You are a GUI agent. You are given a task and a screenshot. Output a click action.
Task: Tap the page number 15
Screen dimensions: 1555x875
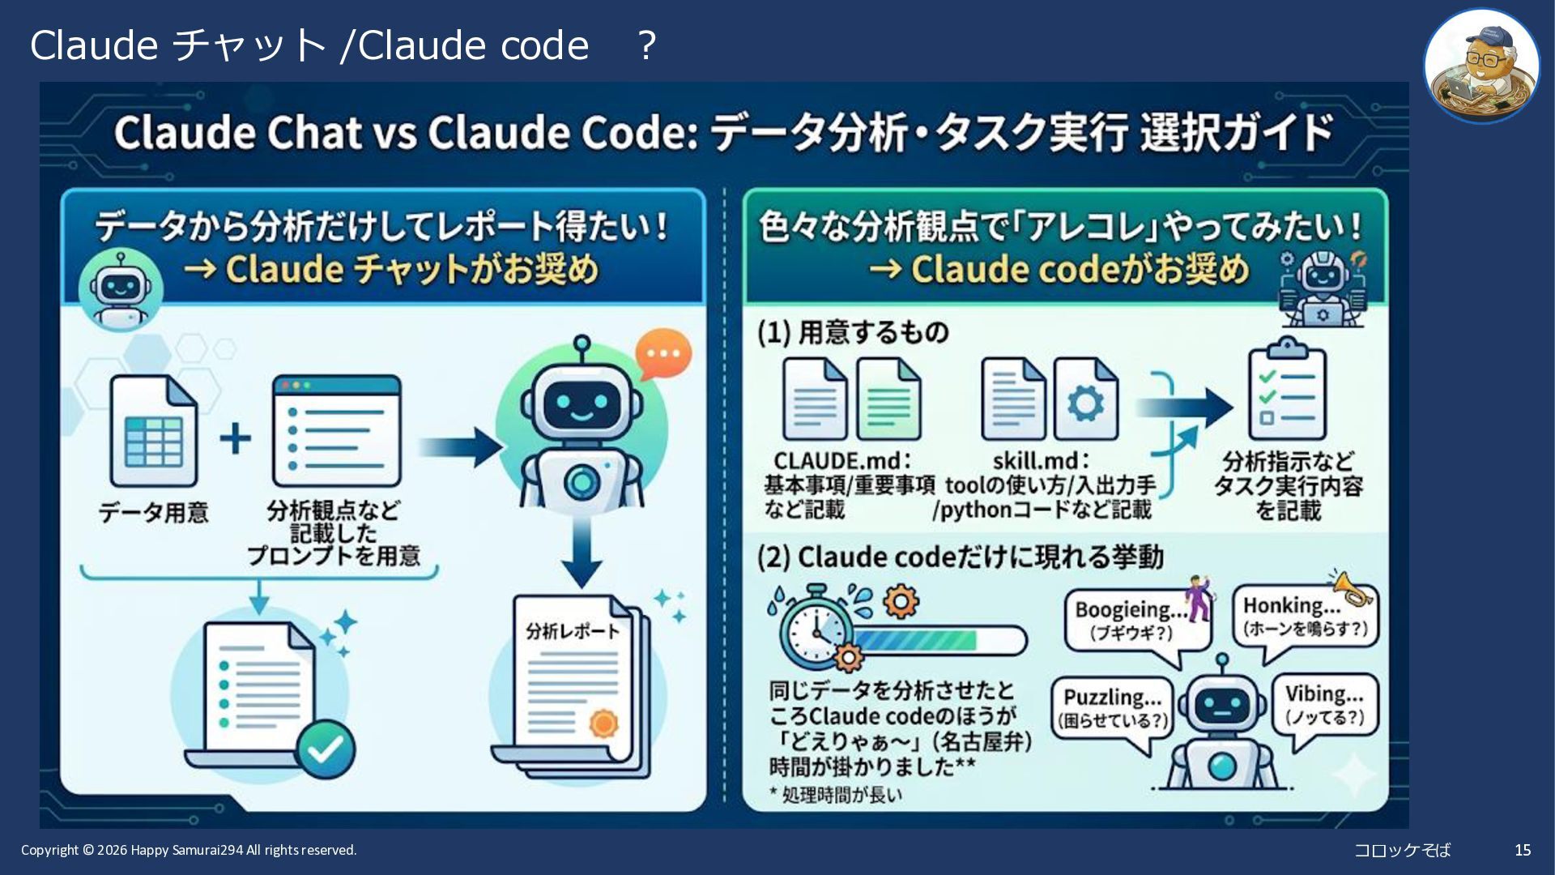point(1523,850)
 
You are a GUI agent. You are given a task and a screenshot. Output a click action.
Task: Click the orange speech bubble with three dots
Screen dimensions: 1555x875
point(663,354)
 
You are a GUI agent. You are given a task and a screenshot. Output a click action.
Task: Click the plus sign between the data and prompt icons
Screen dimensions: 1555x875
point(235,438)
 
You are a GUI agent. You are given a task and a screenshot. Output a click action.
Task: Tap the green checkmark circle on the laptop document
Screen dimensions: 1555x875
point(326,749)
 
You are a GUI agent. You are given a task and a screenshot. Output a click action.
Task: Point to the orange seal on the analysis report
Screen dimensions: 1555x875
point(603,723)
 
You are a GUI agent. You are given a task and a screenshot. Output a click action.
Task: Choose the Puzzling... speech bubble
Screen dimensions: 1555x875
point(1112,708)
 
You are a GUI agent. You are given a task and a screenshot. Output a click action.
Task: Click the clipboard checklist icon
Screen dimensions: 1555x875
point(1286,391)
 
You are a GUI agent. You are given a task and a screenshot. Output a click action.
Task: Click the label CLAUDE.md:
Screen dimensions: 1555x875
point(842,461)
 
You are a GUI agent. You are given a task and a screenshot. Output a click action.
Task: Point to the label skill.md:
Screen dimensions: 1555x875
point(1041,461)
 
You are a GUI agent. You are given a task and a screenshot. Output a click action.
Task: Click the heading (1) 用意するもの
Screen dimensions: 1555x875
point(853,332)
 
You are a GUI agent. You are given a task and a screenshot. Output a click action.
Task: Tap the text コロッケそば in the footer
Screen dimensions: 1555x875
point(1402,850)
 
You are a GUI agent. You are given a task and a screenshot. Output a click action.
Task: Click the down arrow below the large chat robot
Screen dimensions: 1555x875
point(582,553)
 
